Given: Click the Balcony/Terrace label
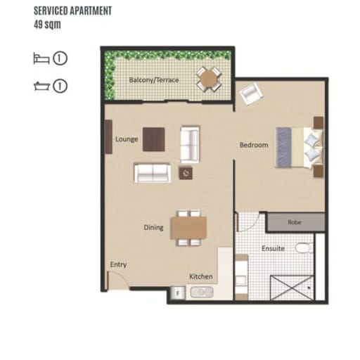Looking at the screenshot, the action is (x=154, y=80).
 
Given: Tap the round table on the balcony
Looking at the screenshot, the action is (x=209, y=79).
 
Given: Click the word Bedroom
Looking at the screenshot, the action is (x=254, y=145).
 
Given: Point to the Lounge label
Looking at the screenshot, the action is (x=127, y=139).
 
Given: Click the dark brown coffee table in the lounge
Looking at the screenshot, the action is (x=153, y=139).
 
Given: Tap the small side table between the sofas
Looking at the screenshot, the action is (x=186, y=173).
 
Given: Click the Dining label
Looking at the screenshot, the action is (x=153, y=228).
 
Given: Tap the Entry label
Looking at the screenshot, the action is (x=118, y=264).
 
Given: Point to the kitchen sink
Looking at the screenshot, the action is (x=202, y=292).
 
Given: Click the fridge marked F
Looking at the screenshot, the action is (x=178, y=293).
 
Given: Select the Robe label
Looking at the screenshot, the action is (x=295, y=222).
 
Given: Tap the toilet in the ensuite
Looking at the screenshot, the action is (x=304, y=248).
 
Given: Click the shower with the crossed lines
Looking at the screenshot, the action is (x=292, y=288).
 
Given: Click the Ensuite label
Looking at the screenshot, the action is (x=273, y=248).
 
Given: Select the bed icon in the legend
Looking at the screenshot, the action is (x=41, y=58).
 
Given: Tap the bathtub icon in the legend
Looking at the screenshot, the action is (x=41, y=86).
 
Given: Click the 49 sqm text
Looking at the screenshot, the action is (x=47, y=25).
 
